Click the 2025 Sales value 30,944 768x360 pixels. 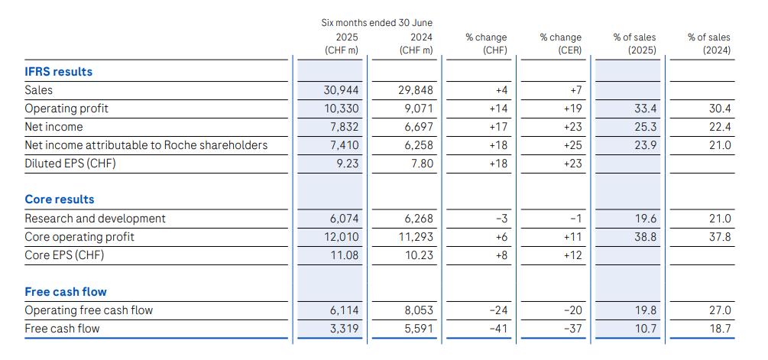341,90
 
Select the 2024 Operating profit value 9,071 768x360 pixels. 417,109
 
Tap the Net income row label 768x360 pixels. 53,127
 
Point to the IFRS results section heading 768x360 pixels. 58,72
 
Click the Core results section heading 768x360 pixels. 60,199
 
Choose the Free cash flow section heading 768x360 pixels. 66,292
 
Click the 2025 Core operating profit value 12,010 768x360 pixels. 341,237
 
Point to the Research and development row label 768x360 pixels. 95,219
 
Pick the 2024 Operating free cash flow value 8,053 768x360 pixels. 417,310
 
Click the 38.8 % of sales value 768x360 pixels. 645,237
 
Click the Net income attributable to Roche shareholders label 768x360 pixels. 146,145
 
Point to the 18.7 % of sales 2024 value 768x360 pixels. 719,329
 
